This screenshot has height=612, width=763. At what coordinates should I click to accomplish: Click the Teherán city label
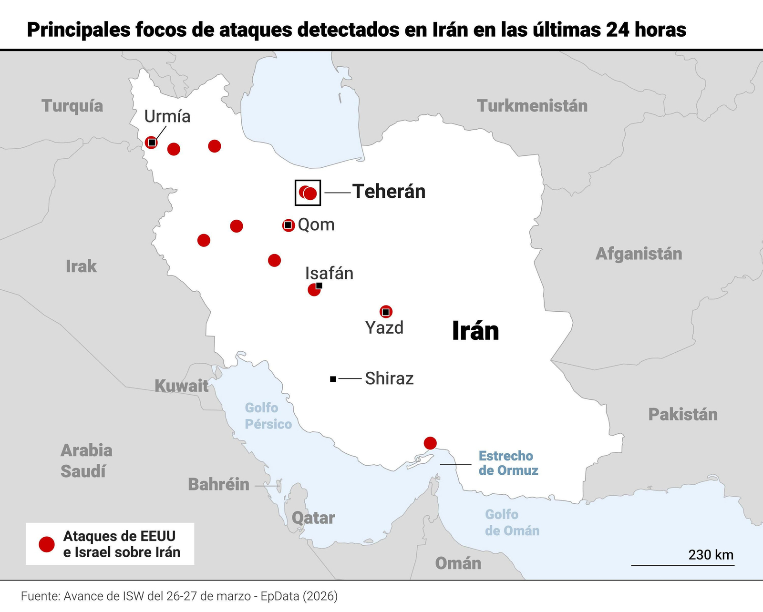pyautogui.click(x=389, y=192)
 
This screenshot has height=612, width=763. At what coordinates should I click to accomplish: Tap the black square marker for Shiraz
pyautogui.click(x=333, y=379)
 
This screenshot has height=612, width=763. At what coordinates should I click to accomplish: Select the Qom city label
pyautogui.click(x=316, y=224)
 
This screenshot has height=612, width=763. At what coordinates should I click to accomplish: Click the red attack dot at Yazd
pyautogui.click(x=386, y=312)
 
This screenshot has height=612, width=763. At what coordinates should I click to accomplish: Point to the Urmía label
pyautogui.click(x=167, y=116)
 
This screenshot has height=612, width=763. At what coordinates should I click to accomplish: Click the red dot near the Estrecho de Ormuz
pyautogui.click(x=430, y=443)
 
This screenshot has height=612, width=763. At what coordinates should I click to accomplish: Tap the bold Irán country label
pyautogui.click(x=475, y=331)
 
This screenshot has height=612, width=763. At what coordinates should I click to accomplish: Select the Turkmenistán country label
pyautogui.click(x=532, y=106)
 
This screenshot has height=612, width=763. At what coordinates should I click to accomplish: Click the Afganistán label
pyautogui.click(x=639, y=254)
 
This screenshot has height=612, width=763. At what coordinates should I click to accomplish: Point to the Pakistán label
pyautogui.click(x=682, y=414)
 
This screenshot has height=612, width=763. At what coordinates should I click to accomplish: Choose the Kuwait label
pyautogui.click(x=182, y=385)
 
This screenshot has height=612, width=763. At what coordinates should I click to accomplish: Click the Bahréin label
pyautogui.click(x=219, y=484)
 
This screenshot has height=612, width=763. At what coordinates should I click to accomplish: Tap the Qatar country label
pyautogui.click(x=313, y=518)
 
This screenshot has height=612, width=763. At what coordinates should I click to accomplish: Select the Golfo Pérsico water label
pyautogui.click(x=268, y=416)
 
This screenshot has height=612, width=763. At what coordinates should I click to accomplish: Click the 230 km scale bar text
pyautogui.click(x=711, y=555)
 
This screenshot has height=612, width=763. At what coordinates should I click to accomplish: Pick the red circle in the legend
pyautogui.click(x=47, y=544)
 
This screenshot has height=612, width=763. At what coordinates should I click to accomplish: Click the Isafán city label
pyautogui.click(x=329, y=274)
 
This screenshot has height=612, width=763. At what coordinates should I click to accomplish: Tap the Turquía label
pyautogui.click(x=72, y=106)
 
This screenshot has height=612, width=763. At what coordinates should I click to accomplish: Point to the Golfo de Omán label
pyautogui.click(x=512, y=522)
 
